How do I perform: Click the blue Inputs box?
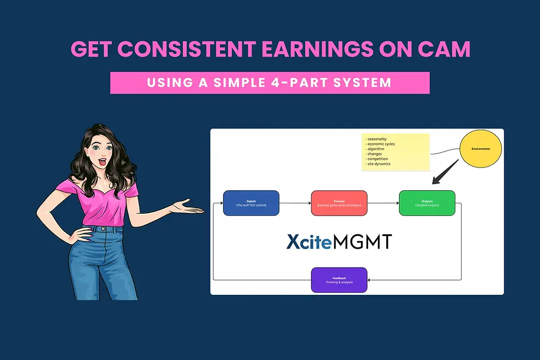[x=251, y=202]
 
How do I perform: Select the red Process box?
[x=339, y=202]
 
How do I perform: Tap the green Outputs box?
[x=427, y=202]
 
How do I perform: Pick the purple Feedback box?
[x=339, y=280]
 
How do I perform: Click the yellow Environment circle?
[x=480, y=149]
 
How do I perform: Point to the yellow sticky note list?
[x=396, y=152]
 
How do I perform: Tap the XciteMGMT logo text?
[x=338, y=241]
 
